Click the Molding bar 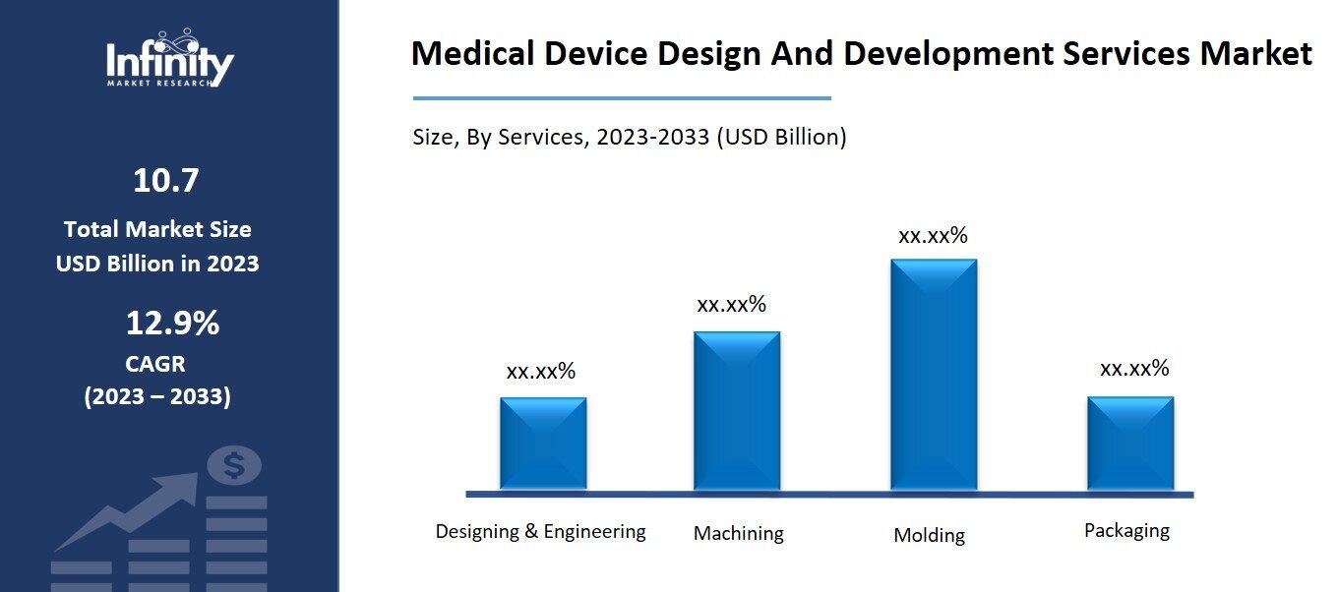pyautogui.click(x=933, y=375)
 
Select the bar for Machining pyautogui.click(x=736, y=410)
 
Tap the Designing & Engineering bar pyautogui.click(x=542, y=443)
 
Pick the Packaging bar pyautogui.click(x=1129, y=443)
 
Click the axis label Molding pyautogui.click(x=929, y=536)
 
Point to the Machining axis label pyautogui.click(x=738, y=533)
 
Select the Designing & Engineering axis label pyautogui.click(x=540, y=532)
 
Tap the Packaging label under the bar pyautogui.click(x=1126, y=531)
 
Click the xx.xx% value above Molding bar pyautogui.click(x=933, y=236)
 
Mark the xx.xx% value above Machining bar pyautogui.click(x=731, y=305)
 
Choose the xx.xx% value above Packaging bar pyautogui.click(x=1134, y=369)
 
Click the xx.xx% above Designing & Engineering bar pyautogui.click(x=540, y=372)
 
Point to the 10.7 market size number pyautogui.click(x=165, y=181)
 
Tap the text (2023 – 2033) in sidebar pyautogui.click(x=157, y=396)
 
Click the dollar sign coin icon pyautogui.click(x=233, y=466)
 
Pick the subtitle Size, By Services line pyautogui.click(x=629, y=137)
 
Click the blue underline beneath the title pyautogui.click(x=622, y=98)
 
